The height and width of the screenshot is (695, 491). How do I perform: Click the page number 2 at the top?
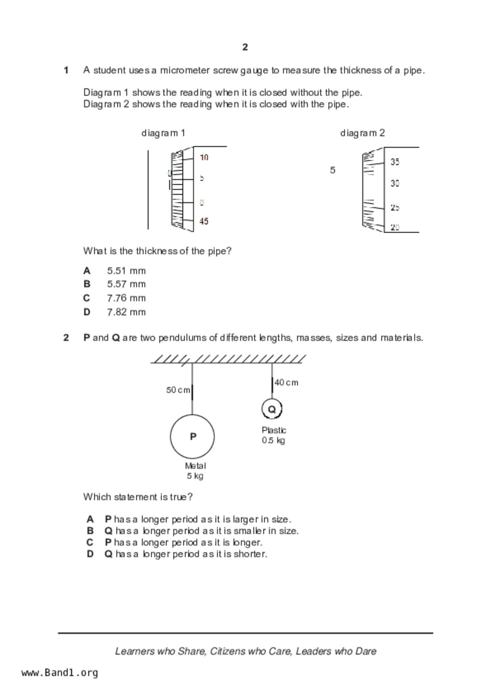[x=245, y=47]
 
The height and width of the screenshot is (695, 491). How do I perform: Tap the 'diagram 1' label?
[x=163, y=133]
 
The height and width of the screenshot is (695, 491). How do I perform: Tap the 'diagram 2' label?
[x=362, y=133]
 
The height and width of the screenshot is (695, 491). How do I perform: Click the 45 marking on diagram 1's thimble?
[x=204, y=221]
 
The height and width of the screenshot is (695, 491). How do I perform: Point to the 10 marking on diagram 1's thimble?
[x=204, y=158]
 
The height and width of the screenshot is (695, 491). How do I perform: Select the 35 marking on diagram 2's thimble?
[x=395, y=162]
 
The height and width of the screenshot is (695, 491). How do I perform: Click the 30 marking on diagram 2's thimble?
[x=395, y=183]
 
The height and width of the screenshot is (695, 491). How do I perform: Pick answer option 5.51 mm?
[x=126, y=271]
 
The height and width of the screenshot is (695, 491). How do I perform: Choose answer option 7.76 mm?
[x=126, y=298]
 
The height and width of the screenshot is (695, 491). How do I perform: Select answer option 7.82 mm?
[x=126, y=312]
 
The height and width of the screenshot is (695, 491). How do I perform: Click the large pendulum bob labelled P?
[x=193, y=436]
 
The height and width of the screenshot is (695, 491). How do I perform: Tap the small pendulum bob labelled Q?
[x=272, y=409]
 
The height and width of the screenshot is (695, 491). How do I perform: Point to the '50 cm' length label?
[x=178, y=390]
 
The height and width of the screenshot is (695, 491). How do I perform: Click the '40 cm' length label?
[x=286, y=383]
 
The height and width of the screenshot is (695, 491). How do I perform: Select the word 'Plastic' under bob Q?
[x=274, y=430]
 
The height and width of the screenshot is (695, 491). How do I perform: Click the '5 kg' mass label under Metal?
[x=195, y=476]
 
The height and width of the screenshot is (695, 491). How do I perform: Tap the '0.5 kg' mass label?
[x=273, y=441]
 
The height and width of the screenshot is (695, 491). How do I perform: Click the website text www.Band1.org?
[x=60, y=673]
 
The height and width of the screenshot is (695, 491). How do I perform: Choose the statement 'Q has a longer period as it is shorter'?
[x=185, y=554]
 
